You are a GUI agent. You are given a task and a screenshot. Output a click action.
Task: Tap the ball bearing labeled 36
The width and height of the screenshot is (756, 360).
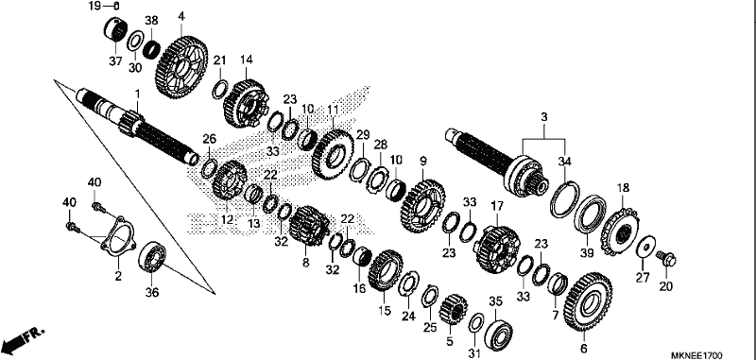point(152,256)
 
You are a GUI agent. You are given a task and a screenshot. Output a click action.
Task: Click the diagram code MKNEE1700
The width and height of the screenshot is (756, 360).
point(696,355)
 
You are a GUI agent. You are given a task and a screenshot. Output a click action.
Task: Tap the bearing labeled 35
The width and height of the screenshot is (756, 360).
point(498,330)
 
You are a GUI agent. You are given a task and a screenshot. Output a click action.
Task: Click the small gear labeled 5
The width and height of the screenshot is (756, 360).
point(454,309)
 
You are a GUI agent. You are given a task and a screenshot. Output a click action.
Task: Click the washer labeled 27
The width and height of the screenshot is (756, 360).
point(644,247)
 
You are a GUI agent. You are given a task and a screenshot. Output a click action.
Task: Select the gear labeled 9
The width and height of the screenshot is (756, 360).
point(423,206)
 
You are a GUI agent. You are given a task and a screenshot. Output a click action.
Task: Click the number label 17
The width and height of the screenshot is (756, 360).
point(497,206)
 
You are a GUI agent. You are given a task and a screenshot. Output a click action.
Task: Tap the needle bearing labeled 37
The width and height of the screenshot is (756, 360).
point(114,29)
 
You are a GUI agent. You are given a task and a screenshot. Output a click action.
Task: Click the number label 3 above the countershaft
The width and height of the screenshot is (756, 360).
point(544,116)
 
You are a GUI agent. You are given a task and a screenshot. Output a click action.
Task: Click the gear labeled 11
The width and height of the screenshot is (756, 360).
point(333,154)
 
